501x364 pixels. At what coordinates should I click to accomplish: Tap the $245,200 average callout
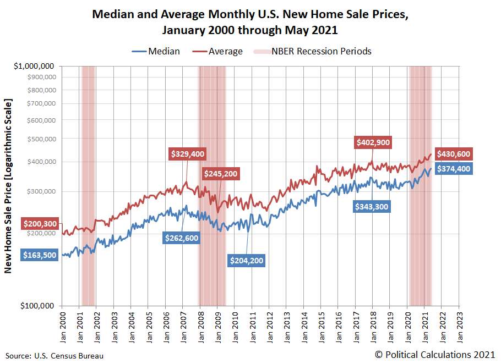[x=221, y=174]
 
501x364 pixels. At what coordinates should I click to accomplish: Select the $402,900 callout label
[x=373, y=142]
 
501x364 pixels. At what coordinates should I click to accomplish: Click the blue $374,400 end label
[x=454, y=169]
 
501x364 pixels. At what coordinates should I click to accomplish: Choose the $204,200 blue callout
[x=246, y=260]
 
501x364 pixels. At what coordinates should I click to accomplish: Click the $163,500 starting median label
[x=40, y=255]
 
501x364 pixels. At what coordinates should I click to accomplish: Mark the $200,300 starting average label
[x=40, y=224]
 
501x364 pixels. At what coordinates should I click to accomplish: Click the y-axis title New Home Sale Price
[x=8, y=186]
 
